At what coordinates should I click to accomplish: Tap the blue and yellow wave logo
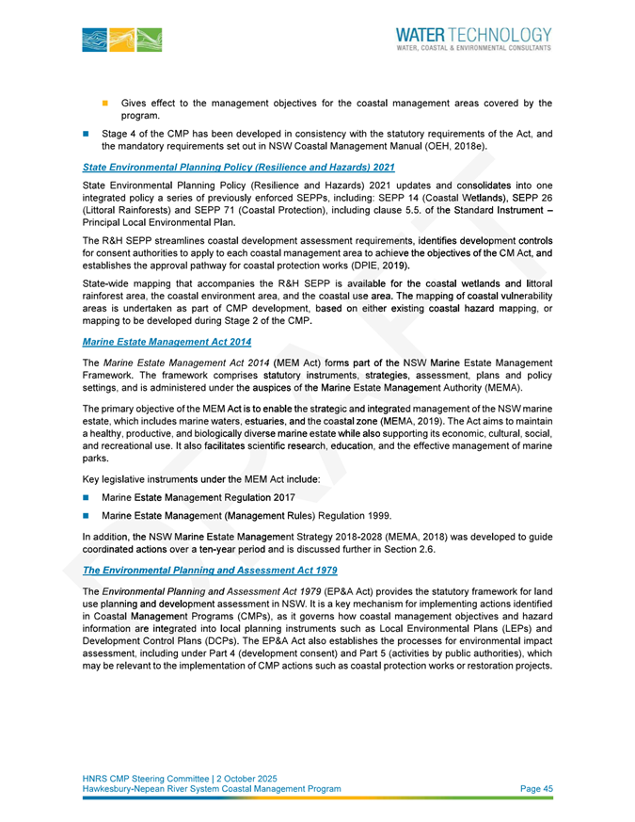pos(121,39)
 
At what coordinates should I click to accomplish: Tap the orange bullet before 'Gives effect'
pos(105,102)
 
